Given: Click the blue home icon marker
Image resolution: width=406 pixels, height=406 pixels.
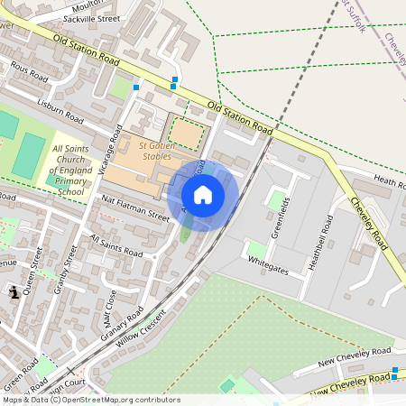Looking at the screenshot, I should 203,195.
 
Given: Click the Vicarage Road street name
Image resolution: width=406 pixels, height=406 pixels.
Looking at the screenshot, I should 115,148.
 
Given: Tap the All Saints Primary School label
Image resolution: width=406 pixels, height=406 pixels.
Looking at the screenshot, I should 70,171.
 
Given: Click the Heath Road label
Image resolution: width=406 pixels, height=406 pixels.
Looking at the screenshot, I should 385,183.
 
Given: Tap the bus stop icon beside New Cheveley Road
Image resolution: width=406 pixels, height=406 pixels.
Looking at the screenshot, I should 395,371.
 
